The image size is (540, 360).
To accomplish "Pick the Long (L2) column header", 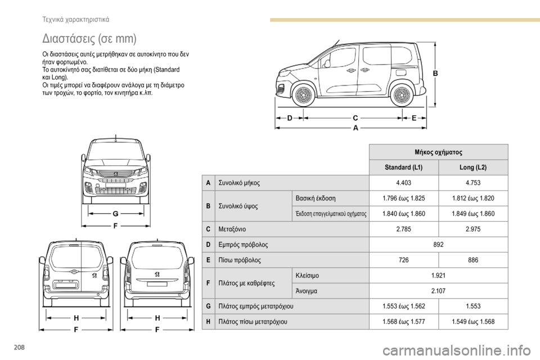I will [473, 168].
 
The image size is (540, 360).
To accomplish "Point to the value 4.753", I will [473, 183].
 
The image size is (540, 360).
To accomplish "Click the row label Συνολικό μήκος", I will [240, 183].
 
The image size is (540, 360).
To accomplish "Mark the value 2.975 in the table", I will [473, 229].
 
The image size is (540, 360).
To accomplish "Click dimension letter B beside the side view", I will [435, 74].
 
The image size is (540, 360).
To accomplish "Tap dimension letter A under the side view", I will [355, 128].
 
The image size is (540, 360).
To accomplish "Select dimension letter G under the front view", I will [115, 214].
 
